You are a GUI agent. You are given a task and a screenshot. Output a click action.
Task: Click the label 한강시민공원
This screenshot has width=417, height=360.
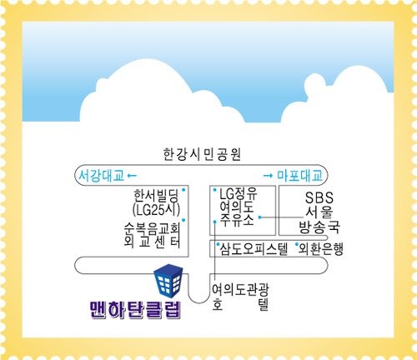202,154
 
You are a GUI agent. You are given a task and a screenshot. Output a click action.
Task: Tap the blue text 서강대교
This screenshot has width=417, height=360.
101,176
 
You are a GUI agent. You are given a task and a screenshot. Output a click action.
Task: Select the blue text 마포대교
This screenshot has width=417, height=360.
299,176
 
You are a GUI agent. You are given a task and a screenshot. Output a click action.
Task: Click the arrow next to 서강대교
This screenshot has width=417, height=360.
132,176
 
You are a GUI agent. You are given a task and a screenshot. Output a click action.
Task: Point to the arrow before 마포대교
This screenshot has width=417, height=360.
268,176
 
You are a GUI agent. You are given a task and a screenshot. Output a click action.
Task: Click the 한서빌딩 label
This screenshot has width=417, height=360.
156,196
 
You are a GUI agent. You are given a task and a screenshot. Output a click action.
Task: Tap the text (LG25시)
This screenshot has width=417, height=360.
156,209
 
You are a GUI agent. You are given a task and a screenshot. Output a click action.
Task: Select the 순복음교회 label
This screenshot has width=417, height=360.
152,229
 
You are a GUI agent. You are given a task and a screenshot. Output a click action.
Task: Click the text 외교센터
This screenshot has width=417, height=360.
152,242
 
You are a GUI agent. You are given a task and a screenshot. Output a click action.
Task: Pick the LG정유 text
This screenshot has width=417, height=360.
239,193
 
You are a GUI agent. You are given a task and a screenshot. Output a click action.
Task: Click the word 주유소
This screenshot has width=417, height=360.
237,220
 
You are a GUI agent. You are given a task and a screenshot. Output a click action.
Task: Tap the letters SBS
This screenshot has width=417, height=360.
319,197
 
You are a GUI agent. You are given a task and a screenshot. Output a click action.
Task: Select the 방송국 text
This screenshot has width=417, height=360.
319,227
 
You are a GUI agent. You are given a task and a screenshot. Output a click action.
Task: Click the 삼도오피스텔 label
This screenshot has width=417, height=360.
254,249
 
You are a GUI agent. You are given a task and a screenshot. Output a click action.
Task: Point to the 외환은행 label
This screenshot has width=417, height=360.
321,249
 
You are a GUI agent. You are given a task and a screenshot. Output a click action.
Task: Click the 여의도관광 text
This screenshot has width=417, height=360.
240,289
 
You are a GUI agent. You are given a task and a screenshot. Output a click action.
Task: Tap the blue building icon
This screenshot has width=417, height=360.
168,281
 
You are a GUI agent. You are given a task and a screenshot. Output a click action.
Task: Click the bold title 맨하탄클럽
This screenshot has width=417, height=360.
136,309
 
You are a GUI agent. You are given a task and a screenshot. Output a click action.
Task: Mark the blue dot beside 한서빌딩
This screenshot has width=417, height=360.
183,190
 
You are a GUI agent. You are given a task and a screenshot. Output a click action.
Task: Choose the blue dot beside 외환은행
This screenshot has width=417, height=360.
297,244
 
